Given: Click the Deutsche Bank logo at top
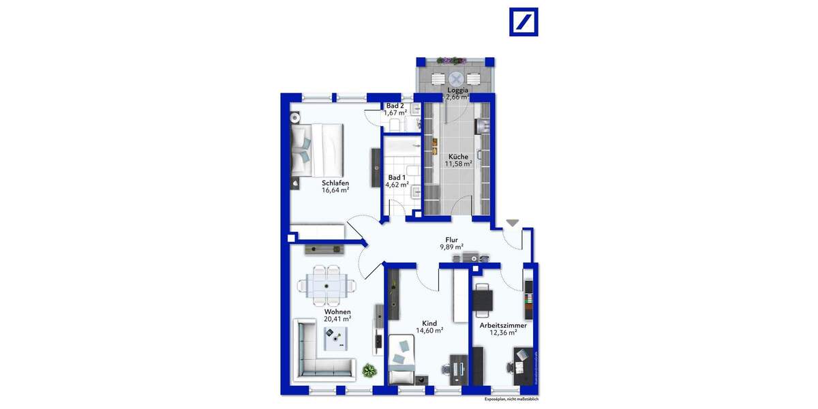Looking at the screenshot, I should [x=524, y=22].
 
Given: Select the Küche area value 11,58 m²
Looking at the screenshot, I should [x=458, y=164].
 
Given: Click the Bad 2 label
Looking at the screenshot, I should [x=395, y=106].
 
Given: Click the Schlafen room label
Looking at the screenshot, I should [x=335, y=183].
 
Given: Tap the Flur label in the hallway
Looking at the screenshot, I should [x=451, y=239].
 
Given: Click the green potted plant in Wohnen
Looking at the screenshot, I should [x=369, y=370].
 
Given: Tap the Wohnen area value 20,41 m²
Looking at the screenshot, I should [x=337, y=318].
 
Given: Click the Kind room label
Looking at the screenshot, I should [x=429, y=323].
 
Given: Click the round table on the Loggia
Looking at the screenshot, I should [x=456, y=78].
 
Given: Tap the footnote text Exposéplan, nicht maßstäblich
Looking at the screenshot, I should [x=511, y=399].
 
